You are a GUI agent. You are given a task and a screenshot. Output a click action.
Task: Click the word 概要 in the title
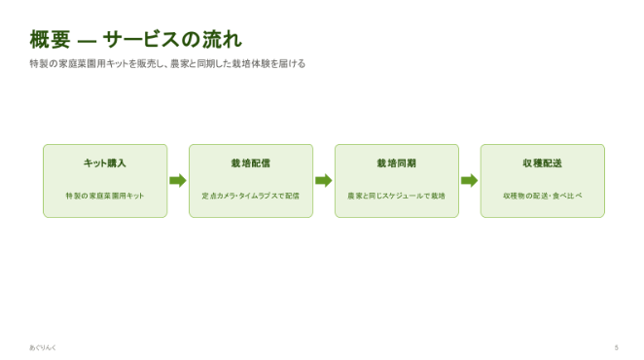click(x=51, y=40)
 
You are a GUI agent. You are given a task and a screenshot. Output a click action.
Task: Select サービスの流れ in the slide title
click(x=172, y=40)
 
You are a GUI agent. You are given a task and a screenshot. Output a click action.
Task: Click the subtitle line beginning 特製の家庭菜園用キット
click(x=167, y=63)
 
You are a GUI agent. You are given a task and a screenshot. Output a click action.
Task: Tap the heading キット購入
click(x=105, y=163)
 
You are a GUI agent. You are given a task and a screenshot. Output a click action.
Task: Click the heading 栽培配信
click(x=251, y=163)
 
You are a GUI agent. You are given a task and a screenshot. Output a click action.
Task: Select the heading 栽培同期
click(x=397, y=163)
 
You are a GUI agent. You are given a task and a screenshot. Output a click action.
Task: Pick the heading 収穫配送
click(x=543, y=163)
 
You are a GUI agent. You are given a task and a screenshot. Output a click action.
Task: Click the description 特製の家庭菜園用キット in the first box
click(x=105, y=196)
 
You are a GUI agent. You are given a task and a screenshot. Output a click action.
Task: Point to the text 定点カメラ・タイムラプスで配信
click(x=251, y=196)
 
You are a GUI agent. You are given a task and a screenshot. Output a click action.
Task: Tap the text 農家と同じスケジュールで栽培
click(x=397, y=196)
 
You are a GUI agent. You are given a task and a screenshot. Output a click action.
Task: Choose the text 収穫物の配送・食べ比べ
click(x=543, y=196)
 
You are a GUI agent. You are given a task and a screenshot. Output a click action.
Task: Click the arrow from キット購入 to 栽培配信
click(x=178, y=180)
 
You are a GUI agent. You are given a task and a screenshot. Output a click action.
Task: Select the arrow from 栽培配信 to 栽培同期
click(x=324, y=180)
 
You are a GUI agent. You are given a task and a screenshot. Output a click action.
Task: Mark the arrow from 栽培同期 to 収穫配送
click(x=470, y=180)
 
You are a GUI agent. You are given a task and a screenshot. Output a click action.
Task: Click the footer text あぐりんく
click(x=43, y=347)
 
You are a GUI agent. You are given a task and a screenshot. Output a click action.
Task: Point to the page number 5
click(x=616, y=347)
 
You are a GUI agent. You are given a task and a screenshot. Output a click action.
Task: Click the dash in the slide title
click(x=87, y=41)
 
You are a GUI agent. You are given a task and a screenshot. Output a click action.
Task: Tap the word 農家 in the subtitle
click(x=179, y=63)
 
